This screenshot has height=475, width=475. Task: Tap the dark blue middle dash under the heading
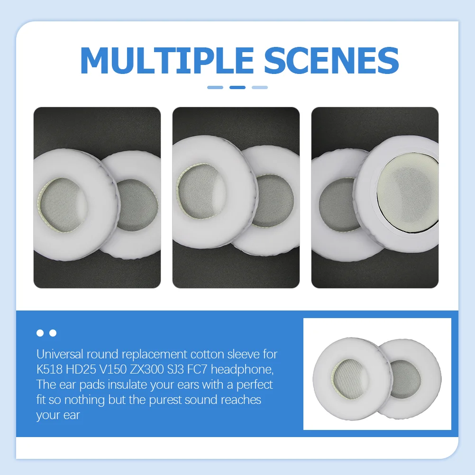237,87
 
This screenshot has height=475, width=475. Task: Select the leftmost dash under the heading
215,87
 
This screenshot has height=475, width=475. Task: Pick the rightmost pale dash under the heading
260,87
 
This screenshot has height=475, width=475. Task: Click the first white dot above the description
40,333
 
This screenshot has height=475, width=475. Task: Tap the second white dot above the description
53,333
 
